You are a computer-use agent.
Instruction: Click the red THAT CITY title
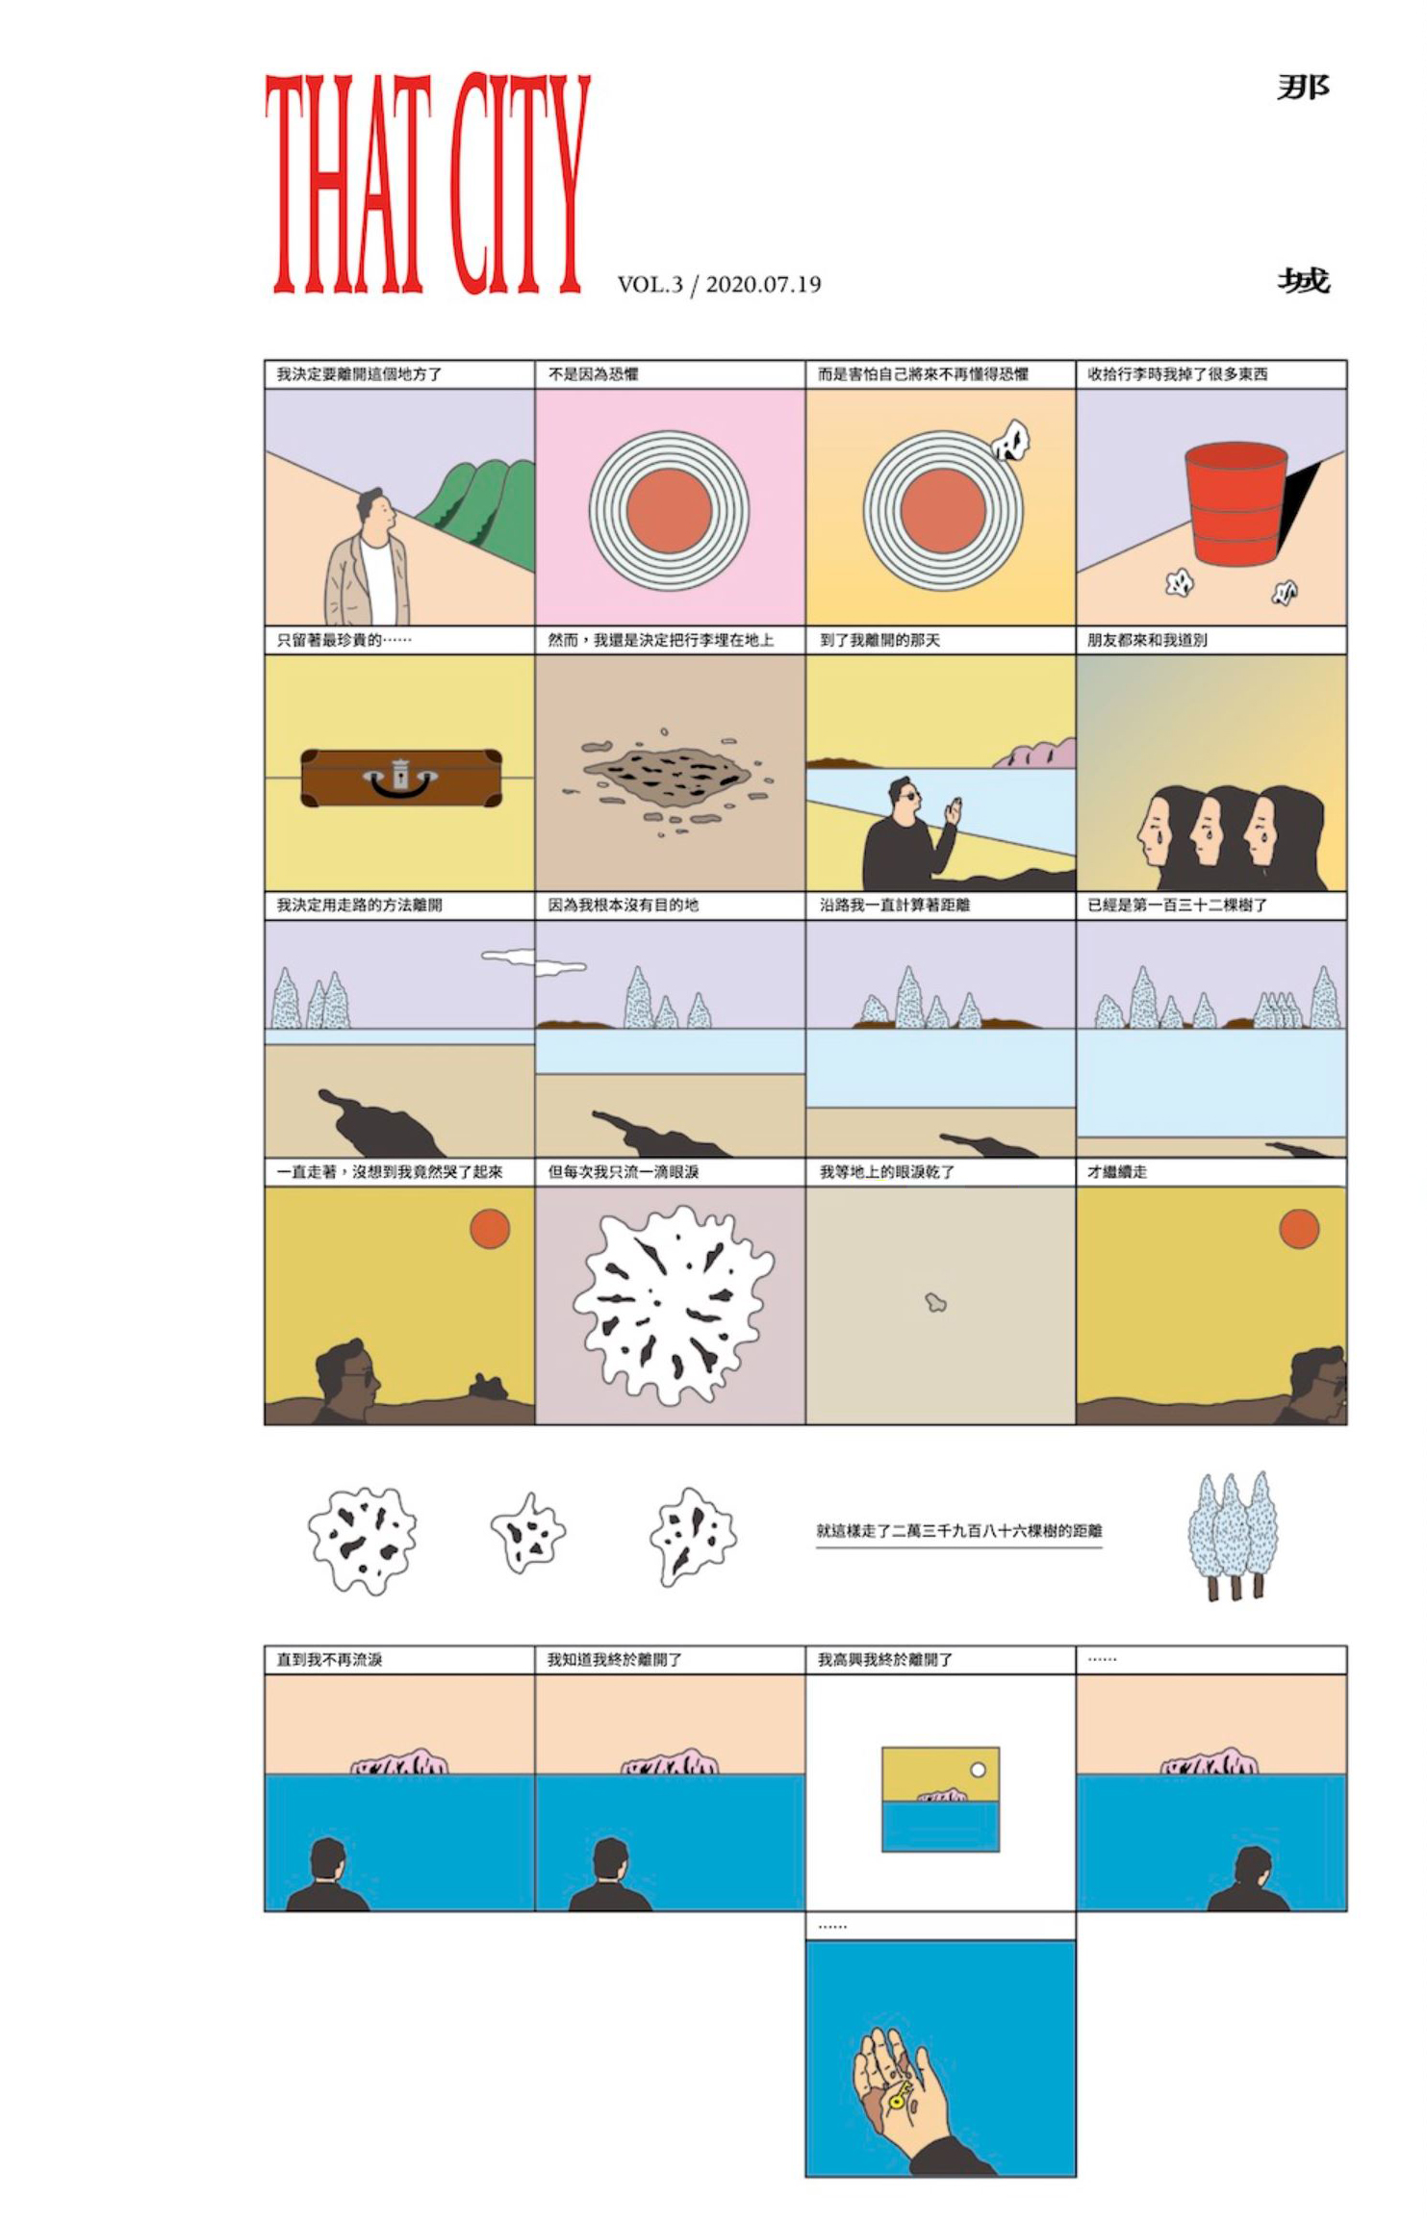tap(426, 183)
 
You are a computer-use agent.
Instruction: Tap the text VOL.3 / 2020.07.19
tap(719, 284)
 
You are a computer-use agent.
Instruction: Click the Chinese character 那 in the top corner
tap(1303, 88)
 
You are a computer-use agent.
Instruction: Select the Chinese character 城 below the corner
tap(1304, 280)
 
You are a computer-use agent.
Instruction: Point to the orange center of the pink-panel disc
tap(669, 511)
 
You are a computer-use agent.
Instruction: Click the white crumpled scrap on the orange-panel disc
tap(1011, 441)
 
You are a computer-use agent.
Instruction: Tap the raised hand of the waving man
tap(952, 812)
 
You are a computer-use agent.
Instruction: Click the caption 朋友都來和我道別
tap(1147, 640)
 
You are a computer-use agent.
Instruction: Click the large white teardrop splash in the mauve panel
tap(673, 1304)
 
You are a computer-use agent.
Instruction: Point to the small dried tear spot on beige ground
tap(935, 1303)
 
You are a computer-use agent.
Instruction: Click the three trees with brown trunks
tap(1233, 1534)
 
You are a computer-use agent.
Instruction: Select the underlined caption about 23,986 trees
tap(958, 1531)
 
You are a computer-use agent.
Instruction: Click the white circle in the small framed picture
tap(979, 1770)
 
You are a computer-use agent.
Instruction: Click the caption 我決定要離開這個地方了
tap(359, 374)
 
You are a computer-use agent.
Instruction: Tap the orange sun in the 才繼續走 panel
tap(1299, 1229)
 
